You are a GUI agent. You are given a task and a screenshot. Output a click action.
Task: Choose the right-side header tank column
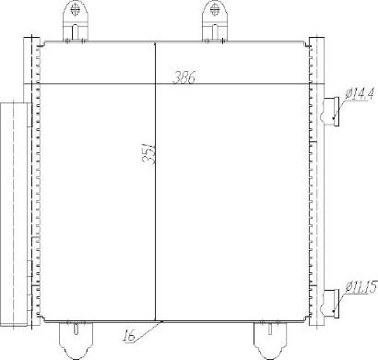[x=313, y=185]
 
